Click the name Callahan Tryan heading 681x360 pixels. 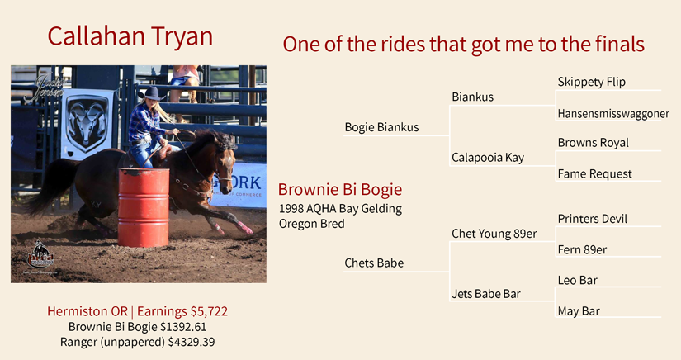click(x=130, y=36)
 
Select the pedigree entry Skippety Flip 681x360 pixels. click(x=592, y=82)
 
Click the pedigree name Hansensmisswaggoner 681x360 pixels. click(x=613, y=114)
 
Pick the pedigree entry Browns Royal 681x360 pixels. click(x=594, y=143)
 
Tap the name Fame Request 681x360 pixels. click(x=594, y=173)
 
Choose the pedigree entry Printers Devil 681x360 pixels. click(x=593, y=219)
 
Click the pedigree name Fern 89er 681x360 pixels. click(x=582, y=249)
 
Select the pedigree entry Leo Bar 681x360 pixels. click(x=577, y=280)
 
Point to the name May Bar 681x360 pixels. click(x=579, y=311)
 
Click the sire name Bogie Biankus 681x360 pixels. click(x=381, y=127)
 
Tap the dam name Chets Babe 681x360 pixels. click(x=374, y=263)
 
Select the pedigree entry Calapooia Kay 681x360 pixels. click(x=488, y=158)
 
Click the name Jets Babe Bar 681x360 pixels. click(x=486, y=294)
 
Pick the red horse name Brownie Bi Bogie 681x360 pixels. click(x=340, y=189)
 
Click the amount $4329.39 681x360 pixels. click(x=192, y=342)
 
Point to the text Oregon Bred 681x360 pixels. click(x=312, y=224)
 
